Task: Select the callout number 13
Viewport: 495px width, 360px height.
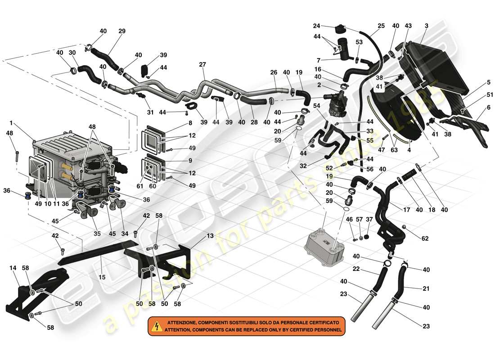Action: (210, 235)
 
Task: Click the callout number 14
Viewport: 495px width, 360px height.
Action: (13, 267)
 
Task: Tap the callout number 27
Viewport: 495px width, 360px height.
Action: (202, 64)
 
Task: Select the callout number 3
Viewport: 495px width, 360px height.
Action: (426, 26)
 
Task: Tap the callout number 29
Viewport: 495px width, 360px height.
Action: (121, 31)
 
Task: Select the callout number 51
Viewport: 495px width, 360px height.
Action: (477, 94)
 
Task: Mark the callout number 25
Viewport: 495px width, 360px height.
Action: (381, 26)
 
